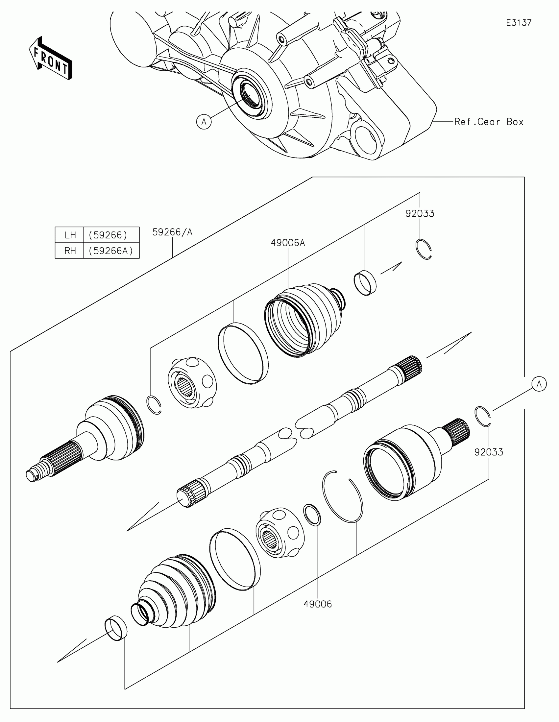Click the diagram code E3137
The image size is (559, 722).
(519, 23)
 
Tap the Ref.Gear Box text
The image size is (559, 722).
(489, 122)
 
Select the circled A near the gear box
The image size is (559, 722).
(204, 122)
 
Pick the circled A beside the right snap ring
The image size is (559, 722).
(539, 384)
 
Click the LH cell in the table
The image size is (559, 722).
(70, 235)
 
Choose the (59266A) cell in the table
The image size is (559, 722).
(111, 251)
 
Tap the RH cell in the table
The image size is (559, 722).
(70, 251)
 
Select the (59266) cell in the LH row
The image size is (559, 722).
(108, 235)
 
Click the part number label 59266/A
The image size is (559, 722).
(172, 232)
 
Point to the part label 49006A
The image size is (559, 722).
(288, 243)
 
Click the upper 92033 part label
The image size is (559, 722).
(420, 214)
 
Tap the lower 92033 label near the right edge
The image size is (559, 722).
(489, 452)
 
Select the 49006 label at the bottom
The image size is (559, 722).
(317, 604)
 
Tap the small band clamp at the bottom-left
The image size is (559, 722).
(116, 628)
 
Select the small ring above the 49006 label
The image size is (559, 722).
(312, 515)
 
